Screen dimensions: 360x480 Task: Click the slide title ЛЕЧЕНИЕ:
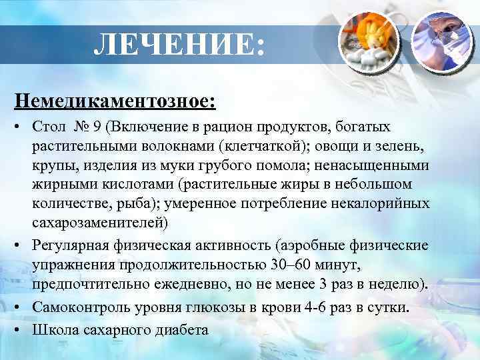[x=179, y=45]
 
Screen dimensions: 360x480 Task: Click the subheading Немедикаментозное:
[x=115, y=101]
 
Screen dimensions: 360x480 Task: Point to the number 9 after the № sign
[x=98, y=127]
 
